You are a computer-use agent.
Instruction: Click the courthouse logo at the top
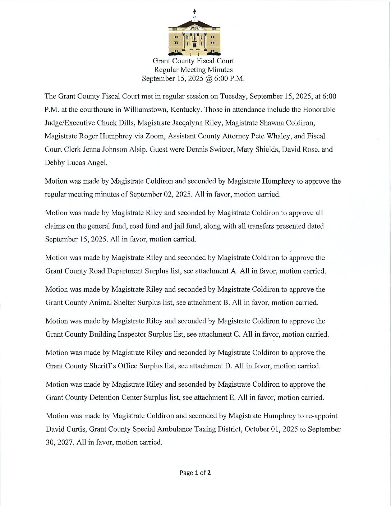(194, 36)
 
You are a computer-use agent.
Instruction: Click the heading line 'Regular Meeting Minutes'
(193, 70)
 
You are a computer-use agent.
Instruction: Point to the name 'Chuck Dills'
(116, 123)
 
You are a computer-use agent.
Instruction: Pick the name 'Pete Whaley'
(275, 136)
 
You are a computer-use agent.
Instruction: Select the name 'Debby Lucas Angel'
(76, 163)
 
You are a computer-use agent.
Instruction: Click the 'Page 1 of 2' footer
(195, 473)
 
